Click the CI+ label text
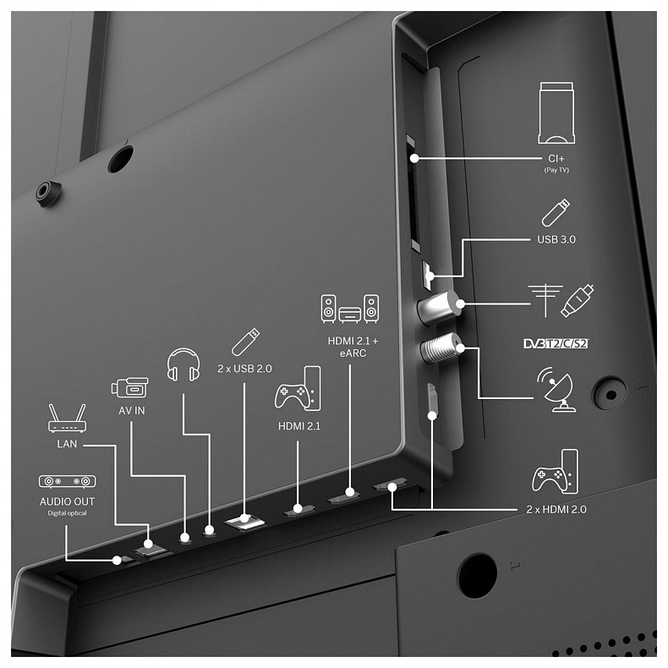click(x=556, y=159)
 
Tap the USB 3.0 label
click(x=556, y=239)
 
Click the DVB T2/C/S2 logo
click(x=556, y=343)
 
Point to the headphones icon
click(x=183, y=364)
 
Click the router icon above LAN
click(x=67, y=419)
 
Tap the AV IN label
click(x=132, y=411)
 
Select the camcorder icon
click(x=129, y=387)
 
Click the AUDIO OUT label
click(x=67, y=502)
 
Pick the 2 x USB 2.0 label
click(x=244, y=369)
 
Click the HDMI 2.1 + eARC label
click(x=353, y=347)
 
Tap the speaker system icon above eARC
click(x=350, y=309)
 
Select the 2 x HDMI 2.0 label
click(x=556, y=510)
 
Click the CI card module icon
click(x=556, y=113)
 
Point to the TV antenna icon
click(x=545, y=300)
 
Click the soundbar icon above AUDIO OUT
click(x=67, y=481)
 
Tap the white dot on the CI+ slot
click(x=414, y=158)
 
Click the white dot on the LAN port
click(x=148, y=544)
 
